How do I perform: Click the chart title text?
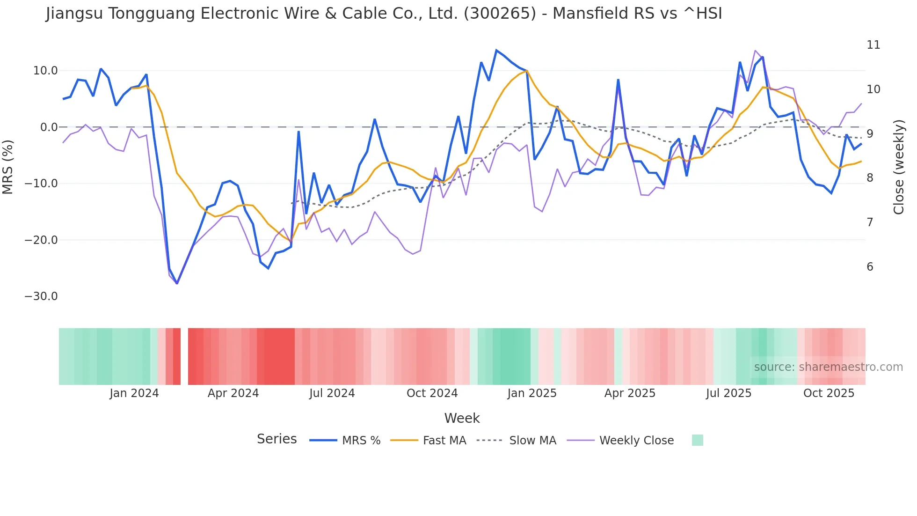point(384,14)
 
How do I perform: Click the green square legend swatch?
point(697,440)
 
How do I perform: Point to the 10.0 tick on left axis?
point(45,71)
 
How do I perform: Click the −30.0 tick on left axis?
point(41,296)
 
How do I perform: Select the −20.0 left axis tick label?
point(41,240)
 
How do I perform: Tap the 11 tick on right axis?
point(873,45)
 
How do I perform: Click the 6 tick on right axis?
point(870,267)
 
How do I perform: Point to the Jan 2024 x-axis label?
point(134,393)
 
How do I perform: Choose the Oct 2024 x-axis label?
point(432,393)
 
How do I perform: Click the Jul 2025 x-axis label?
point(728,393)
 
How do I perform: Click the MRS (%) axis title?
point(8,167)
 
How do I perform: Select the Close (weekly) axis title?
point(899,167)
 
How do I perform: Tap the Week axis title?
point(462,418)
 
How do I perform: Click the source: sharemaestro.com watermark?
point(828,367)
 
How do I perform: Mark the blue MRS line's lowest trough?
point(177,283)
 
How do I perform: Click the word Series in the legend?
point(277,439)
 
